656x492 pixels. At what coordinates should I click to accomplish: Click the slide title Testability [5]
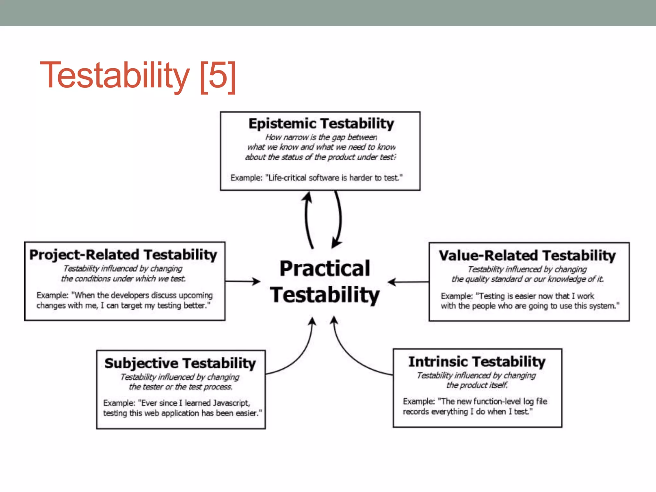point(138,75)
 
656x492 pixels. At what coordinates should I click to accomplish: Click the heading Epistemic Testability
point(321,124)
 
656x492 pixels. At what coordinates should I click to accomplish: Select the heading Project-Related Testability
point(123,255)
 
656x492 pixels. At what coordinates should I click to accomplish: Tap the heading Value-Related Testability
point(527,256)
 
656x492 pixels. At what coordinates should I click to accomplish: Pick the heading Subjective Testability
point(180,363)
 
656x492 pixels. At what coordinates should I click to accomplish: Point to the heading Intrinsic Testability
point(477,362)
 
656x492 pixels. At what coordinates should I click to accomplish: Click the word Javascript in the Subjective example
point(231,403)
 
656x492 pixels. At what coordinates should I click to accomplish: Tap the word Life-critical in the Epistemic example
point(287,178)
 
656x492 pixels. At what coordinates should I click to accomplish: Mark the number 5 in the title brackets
point(218,75)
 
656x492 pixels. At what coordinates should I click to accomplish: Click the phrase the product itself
point(477,385)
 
